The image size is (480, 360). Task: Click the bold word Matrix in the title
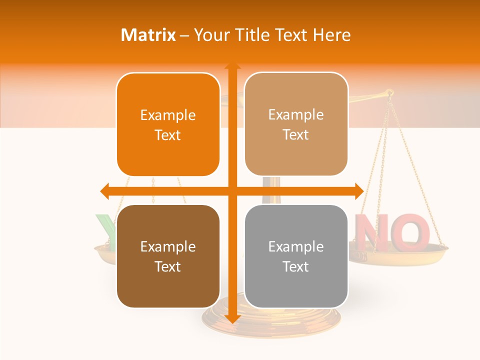148,35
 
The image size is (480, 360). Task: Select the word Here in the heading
332,35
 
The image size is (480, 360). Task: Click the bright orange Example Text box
168,125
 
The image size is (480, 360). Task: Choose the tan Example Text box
296,124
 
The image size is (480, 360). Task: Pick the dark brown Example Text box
168,256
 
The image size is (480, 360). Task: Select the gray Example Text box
296,256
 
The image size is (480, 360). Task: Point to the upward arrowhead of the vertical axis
232,66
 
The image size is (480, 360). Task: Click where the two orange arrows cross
232,191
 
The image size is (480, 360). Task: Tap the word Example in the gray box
296,246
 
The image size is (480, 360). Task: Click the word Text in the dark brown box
168,266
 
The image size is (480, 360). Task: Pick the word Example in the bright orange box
168,115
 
